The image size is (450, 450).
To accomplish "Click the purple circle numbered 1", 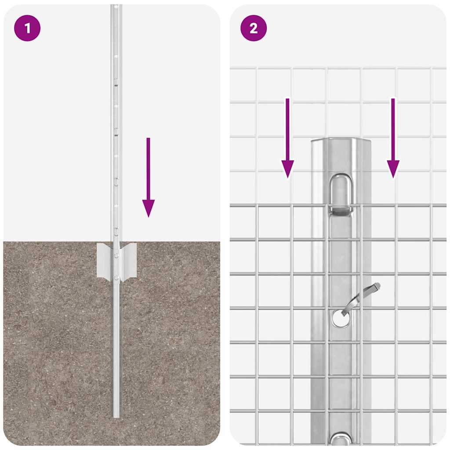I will (27, 28).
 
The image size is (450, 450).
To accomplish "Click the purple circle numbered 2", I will (254, 28).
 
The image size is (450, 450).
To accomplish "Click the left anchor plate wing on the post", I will (105, 260).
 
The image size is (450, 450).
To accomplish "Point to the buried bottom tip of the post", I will (116, 415).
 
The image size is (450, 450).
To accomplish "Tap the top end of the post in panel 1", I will (116, 6).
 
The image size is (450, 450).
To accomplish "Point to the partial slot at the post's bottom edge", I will (341, 439).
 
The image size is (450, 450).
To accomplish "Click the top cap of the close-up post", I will (341, 142).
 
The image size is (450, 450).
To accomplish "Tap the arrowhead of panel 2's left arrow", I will (287, 169).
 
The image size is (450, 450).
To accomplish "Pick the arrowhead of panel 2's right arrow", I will (393, 169).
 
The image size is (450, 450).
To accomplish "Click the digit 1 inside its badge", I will (27, 28).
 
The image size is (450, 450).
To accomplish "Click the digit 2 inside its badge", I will (254, 28).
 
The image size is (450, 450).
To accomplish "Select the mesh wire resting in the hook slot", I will (341, 206).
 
